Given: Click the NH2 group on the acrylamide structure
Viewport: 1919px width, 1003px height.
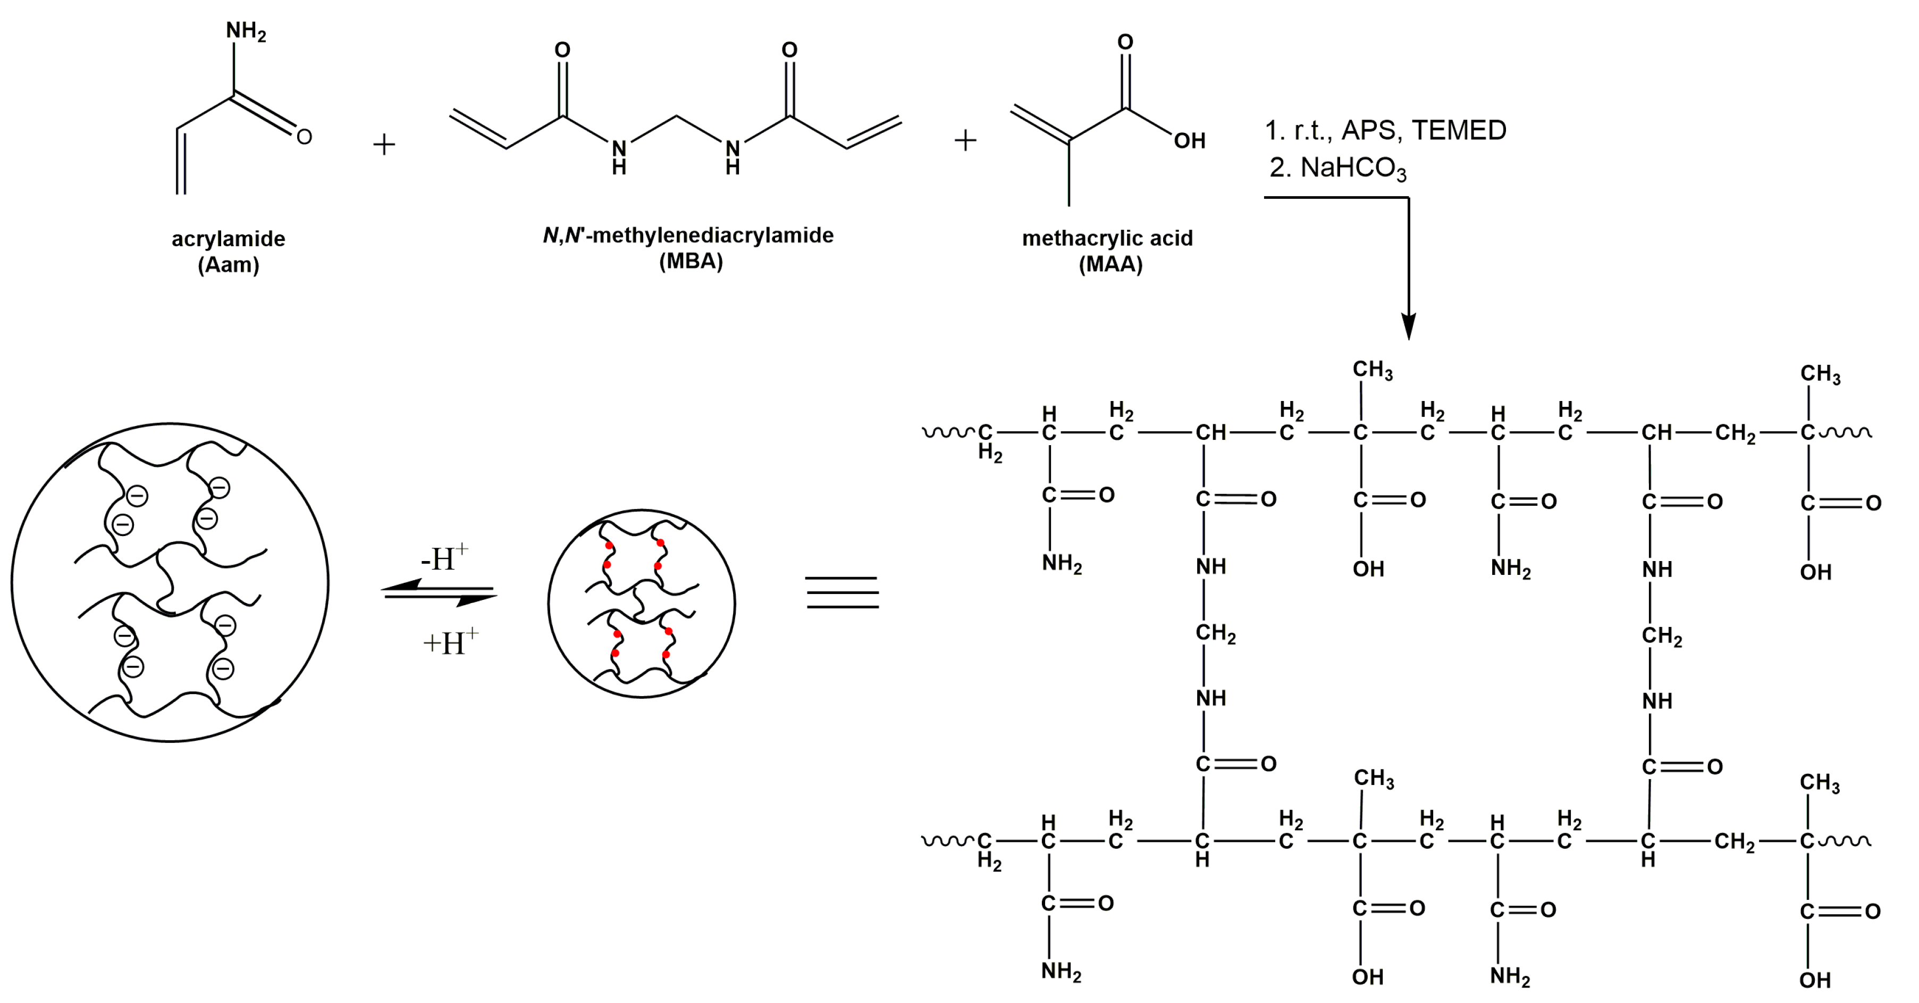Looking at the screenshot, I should [245, 31].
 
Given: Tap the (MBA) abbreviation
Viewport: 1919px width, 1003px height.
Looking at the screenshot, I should [691, 262].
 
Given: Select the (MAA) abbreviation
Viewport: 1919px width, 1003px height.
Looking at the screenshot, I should [1110, 264].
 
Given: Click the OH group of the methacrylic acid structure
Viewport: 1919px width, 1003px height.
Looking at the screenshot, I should [1189, 141].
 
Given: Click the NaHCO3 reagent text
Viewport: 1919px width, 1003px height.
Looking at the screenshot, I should [1353, 169].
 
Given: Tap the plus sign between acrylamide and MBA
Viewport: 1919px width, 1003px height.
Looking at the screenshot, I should [384, 144].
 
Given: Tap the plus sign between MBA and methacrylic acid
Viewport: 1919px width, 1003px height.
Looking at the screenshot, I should [965, 140].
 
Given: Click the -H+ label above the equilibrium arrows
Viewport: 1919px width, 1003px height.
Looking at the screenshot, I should [445, 558].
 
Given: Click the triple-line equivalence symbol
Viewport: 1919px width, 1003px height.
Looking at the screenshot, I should [842, 592].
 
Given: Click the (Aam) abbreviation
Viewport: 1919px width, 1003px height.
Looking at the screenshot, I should [228, 265].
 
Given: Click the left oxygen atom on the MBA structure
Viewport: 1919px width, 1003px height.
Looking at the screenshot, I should [562, 50].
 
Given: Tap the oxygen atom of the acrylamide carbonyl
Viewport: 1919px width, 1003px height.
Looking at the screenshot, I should [304, 136].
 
